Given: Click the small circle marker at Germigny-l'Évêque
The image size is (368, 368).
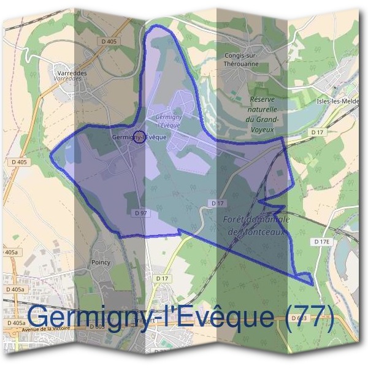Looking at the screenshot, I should [x=139, y=137].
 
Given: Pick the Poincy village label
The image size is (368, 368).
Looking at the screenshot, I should [x=100, y=262].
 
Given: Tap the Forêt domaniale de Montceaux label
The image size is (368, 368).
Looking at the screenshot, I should [x=253, y=225].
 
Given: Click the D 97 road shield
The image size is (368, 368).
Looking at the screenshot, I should [x=140, y=212].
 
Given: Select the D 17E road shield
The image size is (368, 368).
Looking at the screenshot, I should [x=322, y=242].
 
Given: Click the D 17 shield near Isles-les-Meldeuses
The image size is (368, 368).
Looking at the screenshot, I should [x=316, y=132].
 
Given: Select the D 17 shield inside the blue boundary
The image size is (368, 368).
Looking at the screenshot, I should [x=216, y=202].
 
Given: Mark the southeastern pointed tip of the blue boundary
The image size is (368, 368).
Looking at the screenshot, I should [x=312, y=284].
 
